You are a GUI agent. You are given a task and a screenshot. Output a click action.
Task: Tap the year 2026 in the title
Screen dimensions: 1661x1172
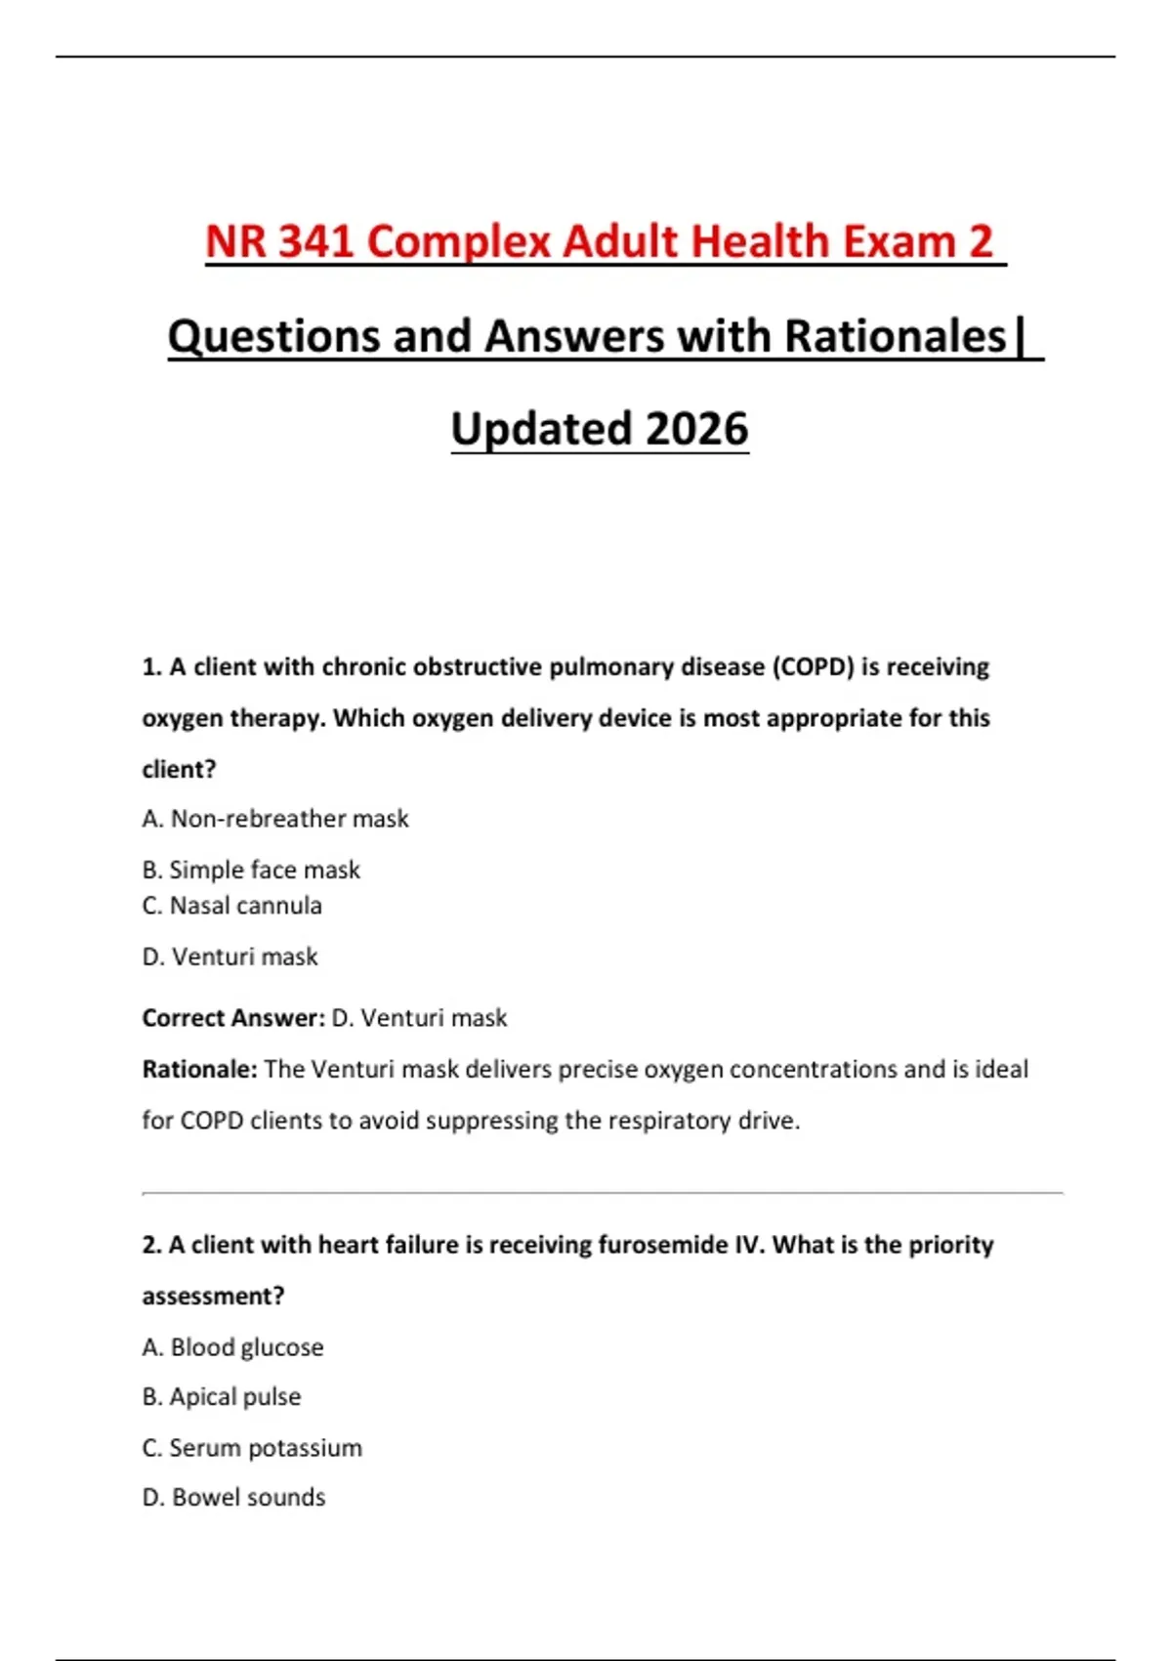pos(696,429)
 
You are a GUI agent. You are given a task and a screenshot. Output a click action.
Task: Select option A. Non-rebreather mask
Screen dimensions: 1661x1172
pos(274,819)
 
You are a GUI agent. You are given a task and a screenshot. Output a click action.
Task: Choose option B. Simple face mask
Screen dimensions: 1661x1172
pos(251,870)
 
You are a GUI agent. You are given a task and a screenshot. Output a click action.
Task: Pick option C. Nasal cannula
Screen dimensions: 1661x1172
pos(231,906)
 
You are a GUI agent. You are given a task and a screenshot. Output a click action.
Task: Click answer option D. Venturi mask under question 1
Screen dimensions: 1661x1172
pos(230,957)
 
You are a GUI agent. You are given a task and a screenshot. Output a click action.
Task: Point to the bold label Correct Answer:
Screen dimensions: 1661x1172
pos(233,1018)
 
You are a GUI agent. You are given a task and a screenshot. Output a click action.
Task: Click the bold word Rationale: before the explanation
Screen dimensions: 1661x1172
pos(199,1069)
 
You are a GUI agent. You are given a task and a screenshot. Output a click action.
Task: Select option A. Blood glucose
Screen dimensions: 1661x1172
pos(232,1347)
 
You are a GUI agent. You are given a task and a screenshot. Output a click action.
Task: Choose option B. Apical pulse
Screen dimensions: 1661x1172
pos(221,1397)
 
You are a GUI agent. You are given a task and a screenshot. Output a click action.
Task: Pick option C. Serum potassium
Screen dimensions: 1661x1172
pos(252,1448)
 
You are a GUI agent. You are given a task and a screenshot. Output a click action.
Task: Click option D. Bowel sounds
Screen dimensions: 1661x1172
pos(233,1498)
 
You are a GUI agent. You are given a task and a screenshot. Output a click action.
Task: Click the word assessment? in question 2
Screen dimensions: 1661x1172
pos(213,1297)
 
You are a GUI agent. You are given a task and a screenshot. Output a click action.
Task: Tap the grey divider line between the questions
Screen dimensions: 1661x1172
pos(602,1193)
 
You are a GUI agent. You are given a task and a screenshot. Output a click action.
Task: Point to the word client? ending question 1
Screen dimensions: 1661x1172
pos(179,770)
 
